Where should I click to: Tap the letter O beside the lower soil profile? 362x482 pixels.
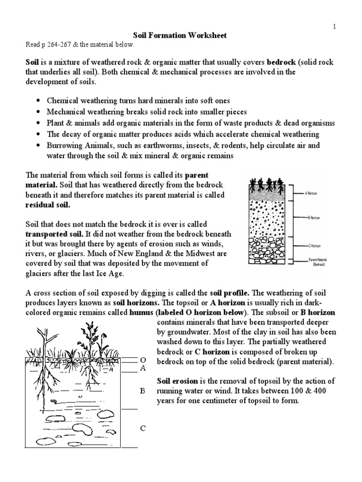[142, 360]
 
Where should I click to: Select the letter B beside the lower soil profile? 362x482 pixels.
[142, 391]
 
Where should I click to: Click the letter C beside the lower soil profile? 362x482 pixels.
[142, 428]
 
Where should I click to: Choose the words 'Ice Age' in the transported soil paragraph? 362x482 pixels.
[112, 273]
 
